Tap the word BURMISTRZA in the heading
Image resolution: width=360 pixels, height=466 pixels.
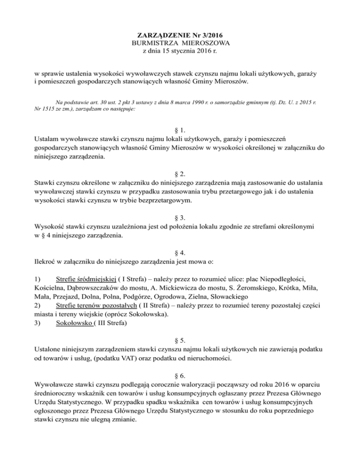[154, 43]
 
